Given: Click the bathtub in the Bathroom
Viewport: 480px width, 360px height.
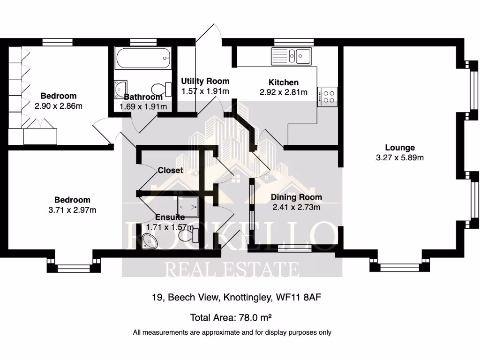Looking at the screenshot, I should pyautogui.click(x=143, y=59).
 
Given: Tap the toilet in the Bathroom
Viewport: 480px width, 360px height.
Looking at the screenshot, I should pyautogui.click(x=162, y=88).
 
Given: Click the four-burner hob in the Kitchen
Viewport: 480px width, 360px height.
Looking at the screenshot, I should pyautogui.click(x=327, y=96).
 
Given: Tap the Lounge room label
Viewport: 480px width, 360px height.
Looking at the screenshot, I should pyautogui.click(x=400, y=148).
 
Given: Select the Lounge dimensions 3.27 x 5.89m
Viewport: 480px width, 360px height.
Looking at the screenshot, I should pyautogui.click(x=400, y=158).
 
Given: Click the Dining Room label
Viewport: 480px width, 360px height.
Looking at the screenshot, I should pyautogui.click(x=296, y=197).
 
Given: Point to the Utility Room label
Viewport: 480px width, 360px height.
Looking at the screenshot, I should pyautogui.click(x=205, y=81).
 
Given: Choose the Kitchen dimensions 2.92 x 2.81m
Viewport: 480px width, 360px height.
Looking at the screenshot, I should pyautogui.click(x=283, y=92).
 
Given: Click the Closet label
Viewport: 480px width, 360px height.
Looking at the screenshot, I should pyautogui.click(x=170, y=170).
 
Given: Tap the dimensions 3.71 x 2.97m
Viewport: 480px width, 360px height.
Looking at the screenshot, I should pyautogui.click(x=72, y=210).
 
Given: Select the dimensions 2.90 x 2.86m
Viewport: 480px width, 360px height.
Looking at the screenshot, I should pyautogui.click(x=58, y=106).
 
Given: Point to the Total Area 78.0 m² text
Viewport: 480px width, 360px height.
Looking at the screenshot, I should pyautogui.click(x=231, y=318).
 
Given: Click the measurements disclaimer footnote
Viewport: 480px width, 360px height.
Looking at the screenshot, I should pyautogui.click(x=232, y=332).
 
